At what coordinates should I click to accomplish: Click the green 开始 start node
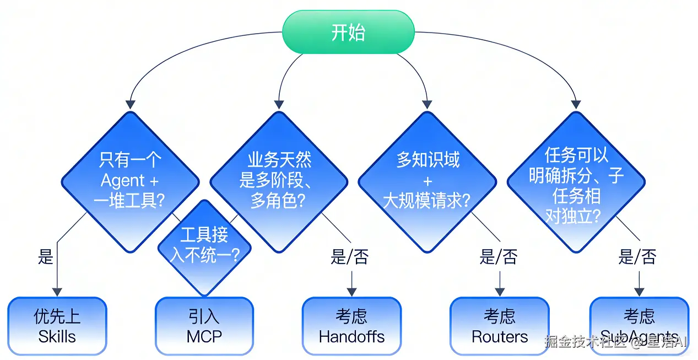348,33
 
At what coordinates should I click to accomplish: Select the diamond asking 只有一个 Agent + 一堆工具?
130,165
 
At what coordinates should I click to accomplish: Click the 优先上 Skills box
57,326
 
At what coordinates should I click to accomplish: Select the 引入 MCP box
204,326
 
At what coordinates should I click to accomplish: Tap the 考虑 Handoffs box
351,326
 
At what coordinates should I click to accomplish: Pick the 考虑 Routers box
499,326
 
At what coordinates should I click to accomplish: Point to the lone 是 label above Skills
46,257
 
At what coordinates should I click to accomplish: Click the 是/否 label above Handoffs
349,257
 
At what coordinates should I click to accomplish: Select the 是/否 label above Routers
499,257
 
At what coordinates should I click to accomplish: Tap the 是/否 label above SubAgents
637,257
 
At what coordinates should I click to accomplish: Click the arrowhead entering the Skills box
57,292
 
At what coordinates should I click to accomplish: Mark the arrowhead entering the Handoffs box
351,292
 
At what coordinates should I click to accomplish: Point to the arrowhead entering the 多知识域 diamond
427,104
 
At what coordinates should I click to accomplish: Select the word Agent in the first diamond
122,181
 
